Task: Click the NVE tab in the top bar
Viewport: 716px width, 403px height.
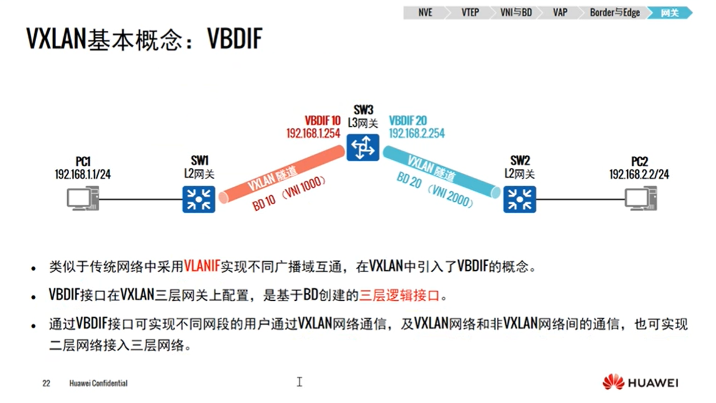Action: tap(425, 13)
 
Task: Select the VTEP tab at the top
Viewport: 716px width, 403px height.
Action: tap(470, 13)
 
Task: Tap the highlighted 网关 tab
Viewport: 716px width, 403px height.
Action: tap(670, 13)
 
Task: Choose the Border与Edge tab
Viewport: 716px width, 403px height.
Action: tap(614, 13)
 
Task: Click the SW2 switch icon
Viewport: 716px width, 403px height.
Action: tap(519, 199)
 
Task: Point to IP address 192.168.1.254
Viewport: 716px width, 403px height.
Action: tap(314, 133)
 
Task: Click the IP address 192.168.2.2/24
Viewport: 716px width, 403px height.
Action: tap(639, 174)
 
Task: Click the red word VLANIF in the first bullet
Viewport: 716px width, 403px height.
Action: tap(202, 266)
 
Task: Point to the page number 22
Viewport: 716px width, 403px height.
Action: tap(46, 383)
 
